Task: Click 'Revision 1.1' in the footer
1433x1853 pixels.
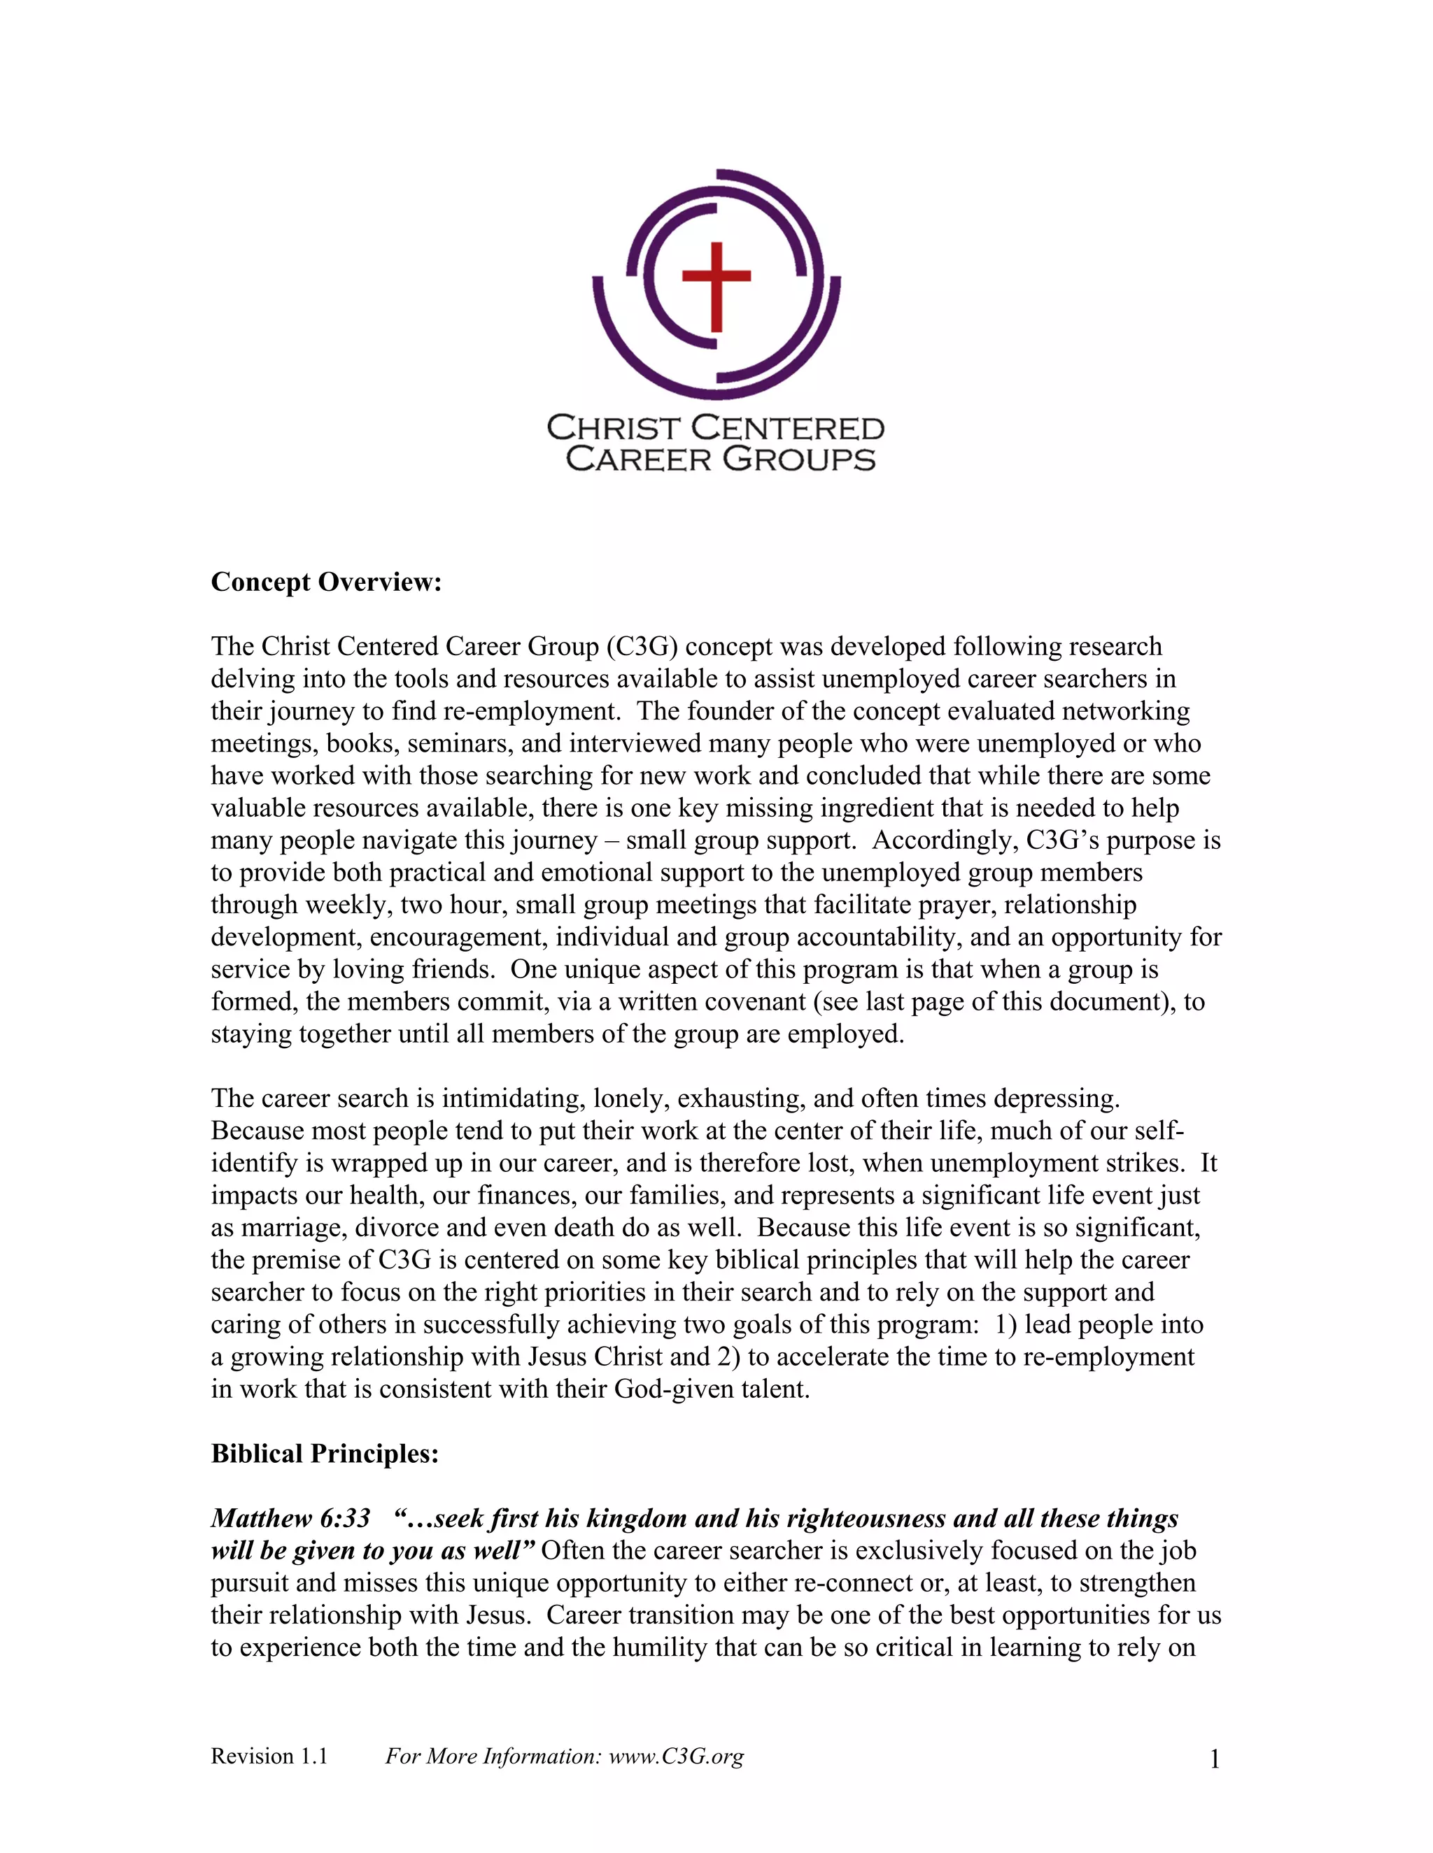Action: click(x=269, y=1757)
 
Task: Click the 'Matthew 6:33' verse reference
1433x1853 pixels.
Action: click(x=290, y=1518)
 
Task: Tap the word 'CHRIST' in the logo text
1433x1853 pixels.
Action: click(x=614, y=429)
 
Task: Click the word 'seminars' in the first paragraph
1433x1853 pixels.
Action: click(x=459, y=744)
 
